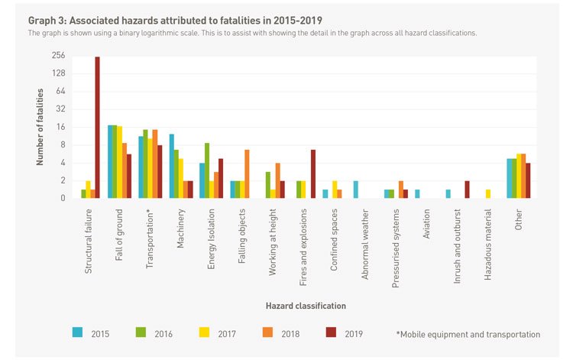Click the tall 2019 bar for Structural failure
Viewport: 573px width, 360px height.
[x=97, y=127]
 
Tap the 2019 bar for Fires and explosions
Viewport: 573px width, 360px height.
[x=313, y=174]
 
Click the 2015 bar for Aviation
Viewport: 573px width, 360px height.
[x=417, y=194]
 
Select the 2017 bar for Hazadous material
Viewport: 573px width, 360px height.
[x=488, y=194]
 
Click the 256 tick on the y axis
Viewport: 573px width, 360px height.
[x=58, y=56]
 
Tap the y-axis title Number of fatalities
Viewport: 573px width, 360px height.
[x=39, y=127]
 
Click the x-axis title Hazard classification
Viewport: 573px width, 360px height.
[x=306, y=306]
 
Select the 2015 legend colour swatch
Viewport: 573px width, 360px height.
[x=78, y=333]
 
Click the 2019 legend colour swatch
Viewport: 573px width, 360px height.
[x=331, y=333]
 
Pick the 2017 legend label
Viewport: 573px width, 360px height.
[x=227, y=334]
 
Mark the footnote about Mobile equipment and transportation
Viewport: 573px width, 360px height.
[x=468, y=334]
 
